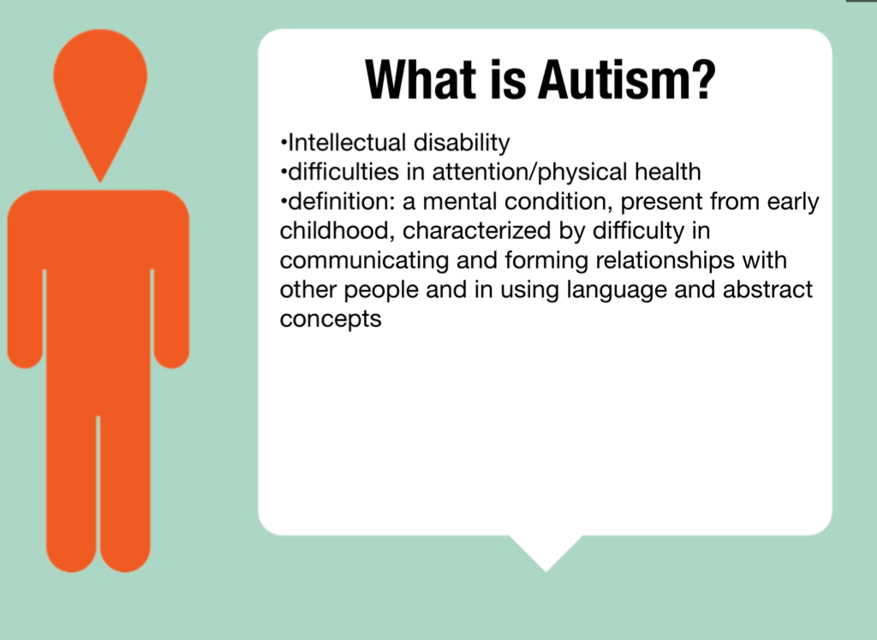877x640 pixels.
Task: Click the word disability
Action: point(462,144)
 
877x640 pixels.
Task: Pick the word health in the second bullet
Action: point(668,172)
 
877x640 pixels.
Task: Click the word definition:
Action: point(341,201)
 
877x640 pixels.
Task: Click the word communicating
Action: point(364,261)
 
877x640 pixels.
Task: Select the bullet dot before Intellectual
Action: point(283,143)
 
